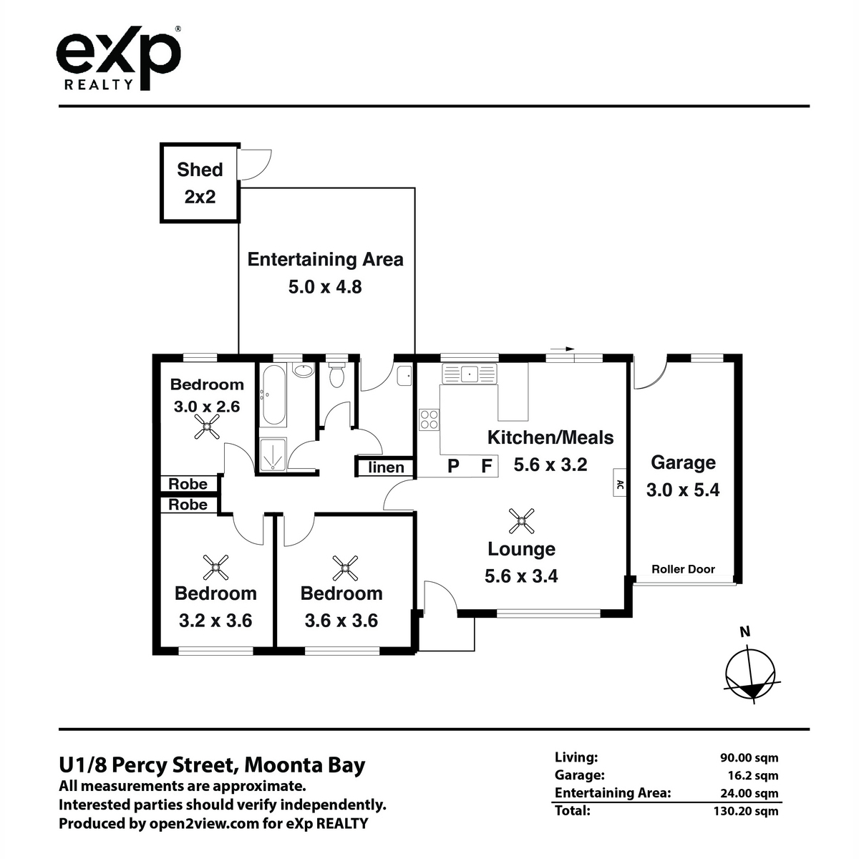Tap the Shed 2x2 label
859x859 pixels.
(x=200, y=183)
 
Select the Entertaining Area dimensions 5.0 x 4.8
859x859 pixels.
(x=325, y=286)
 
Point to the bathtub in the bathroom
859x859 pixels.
(x=273, y=395)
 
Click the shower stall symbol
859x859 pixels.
(x=273, y=455)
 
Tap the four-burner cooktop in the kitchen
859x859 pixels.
(x=429, y=419)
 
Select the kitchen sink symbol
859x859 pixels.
(x=469, y=373)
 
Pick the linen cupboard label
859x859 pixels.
(x=386, y=467)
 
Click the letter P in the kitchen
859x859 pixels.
(x=453, y=466)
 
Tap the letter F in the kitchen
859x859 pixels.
(x=487, y=465)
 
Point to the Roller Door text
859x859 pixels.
(x=683, y=569)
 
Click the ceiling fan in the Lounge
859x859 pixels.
(x=521, y=521)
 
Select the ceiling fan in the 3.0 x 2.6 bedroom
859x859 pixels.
(x=207, y=427)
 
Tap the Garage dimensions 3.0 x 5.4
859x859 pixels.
(x=683, y=490)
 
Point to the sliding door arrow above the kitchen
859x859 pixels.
(x=562, y=349)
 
